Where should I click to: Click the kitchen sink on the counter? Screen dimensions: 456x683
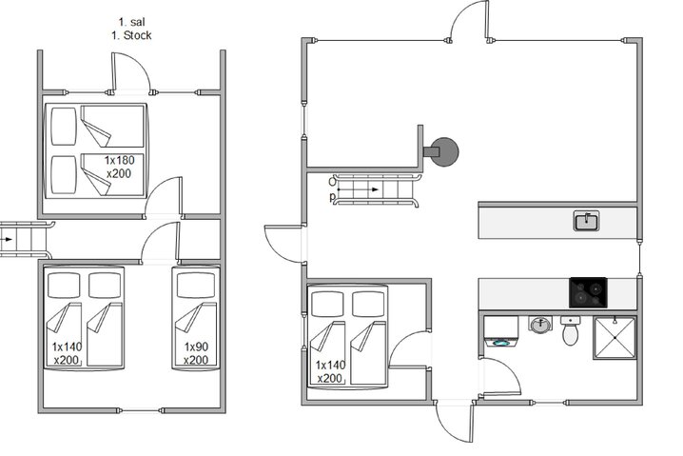click(x=586, y=222)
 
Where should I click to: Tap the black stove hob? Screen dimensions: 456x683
click(x=588, y=291)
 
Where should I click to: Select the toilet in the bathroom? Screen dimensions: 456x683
click(x=571, y=331)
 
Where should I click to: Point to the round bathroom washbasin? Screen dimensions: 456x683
click(x=540, y=325)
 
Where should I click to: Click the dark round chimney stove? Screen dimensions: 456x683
click(x=442, y=150)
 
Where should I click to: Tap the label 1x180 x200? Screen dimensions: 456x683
click(x=119, y=167)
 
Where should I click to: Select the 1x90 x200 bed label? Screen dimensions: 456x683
click(x=196, y=353)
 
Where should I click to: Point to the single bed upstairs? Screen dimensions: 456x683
click(x=195, y=317)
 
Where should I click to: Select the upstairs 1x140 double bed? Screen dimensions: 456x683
click(x=86, y=317)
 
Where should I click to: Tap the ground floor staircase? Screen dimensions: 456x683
click(x=377, y=189)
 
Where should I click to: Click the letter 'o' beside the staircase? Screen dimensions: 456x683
click(x=331, y=180)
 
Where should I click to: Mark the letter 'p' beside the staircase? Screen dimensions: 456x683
click(x=331, y=198)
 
